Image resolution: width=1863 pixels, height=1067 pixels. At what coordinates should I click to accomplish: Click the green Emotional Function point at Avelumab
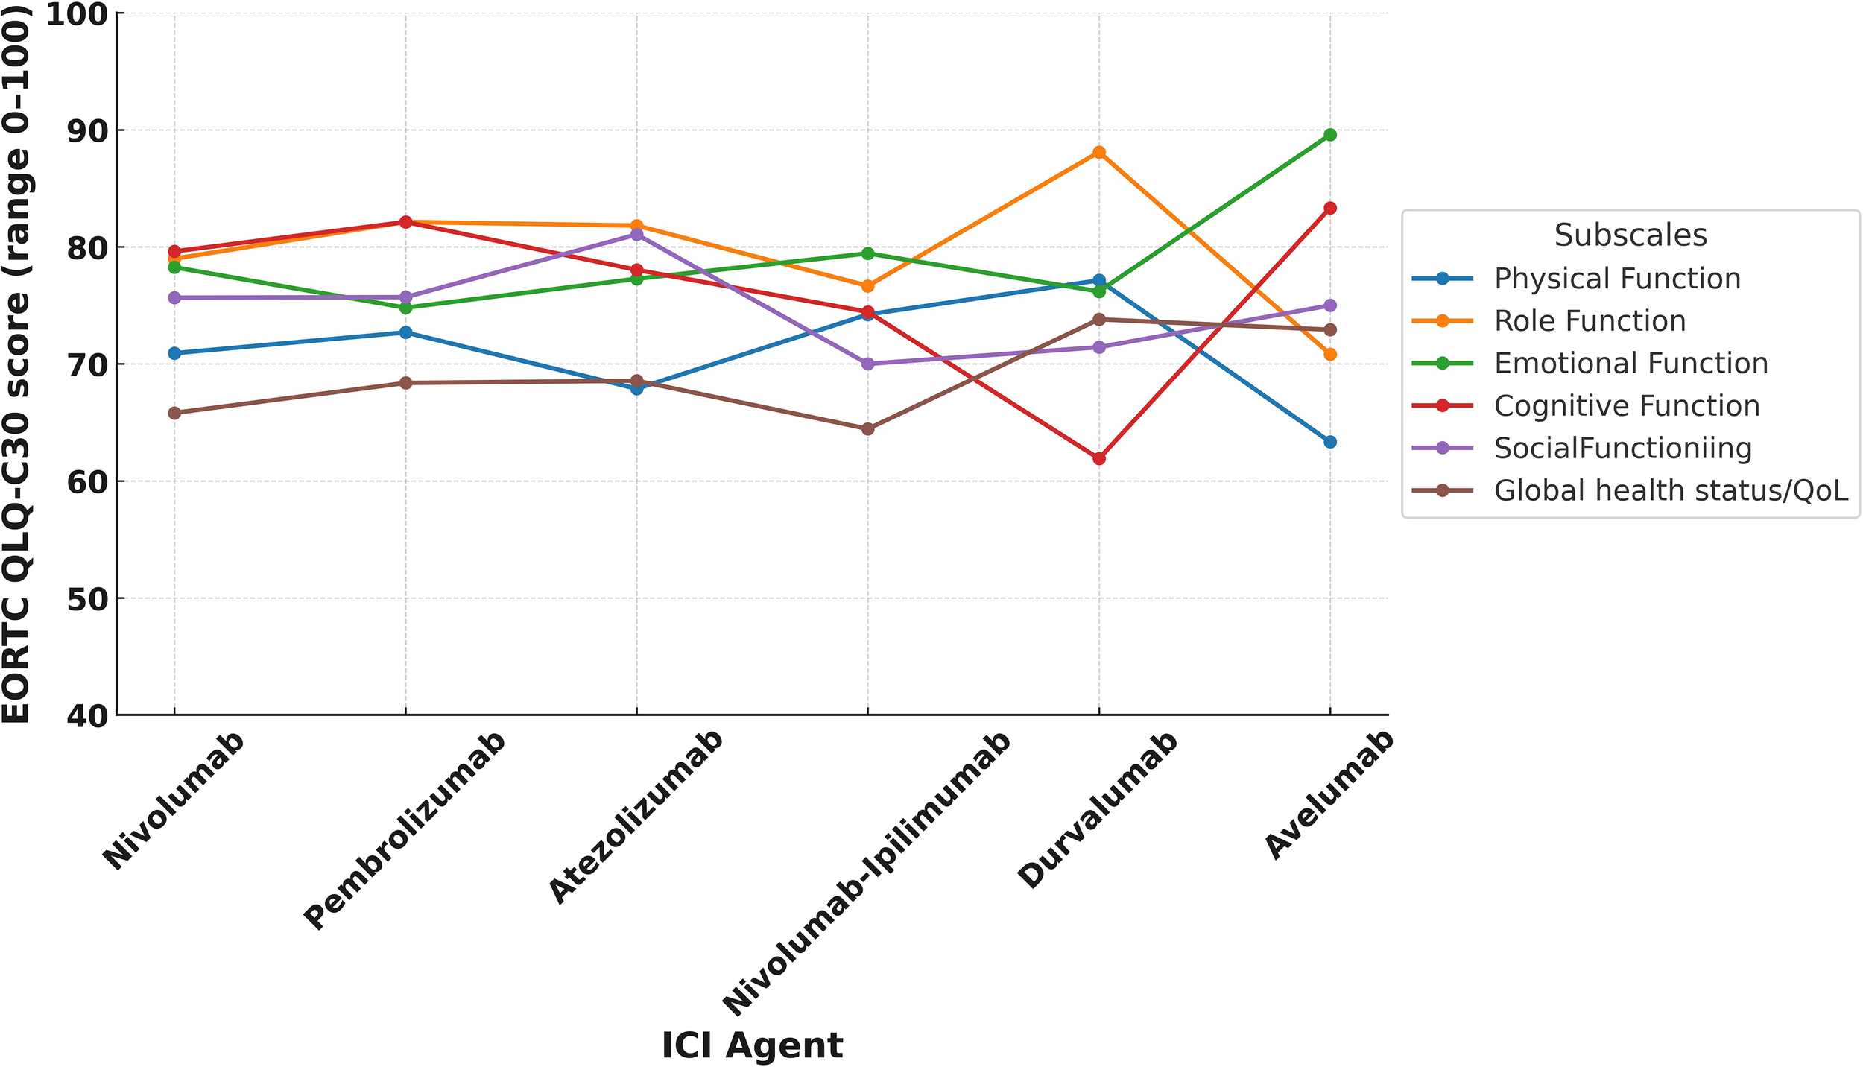(x=1329, y=135)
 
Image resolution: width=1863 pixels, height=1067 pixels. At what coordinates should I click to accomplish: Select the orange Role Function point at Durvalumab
(x=1098, y=152)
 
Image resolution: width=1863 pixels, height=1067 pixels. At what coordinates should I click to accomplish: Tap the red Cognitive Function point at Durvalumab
(x=1098, y=458)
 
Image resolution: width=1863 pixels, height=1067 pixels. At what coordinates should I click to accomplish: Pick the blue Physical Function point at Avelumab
(x=1329, y=442)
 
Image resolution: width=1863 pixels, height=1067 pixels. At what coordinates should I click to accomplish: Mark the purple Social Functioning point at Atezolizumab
(x=636, y=235)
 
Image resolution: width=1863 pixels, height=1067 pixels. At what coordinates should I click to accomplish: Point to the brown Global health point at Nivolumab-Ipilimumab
(x=867, y=428)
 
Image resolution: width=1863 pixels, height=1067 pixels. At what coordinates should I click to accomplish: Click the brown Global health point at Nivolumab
(x=174, y=413)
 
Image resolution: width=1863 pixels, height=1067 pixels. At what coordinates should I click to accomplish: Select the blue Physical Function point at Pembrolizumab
(x=405, y=332)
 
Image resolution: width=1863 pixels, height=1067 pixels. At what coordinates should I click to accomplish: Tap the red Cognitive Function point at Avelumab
(x=1329, y=208)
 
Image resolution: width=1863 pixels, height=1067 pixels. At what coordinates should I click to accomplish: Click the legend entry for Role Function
(x=1590, y=321)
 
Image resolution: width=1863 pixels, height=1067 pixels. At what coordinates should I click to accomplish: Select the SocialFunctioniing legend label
(x=1623, y=449)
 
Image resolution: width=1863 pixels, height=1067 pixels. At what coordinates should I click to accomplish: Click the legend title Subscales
(x=1630, y=235)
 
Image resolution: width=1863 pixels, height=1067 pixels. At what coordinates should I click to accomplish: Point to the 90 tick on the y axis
(x=86, y=130)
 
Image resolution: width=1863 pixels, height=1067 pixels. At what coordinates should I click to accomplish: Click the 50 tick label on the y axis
(x=86, y=598)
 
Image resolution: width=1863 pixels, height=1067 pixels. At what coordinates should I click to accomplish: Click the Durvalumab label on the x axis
(x=1098, y=810)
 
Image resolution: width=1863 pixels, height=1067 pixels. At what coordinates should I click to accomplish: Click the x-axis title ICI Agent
(x=752, y=1045)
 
